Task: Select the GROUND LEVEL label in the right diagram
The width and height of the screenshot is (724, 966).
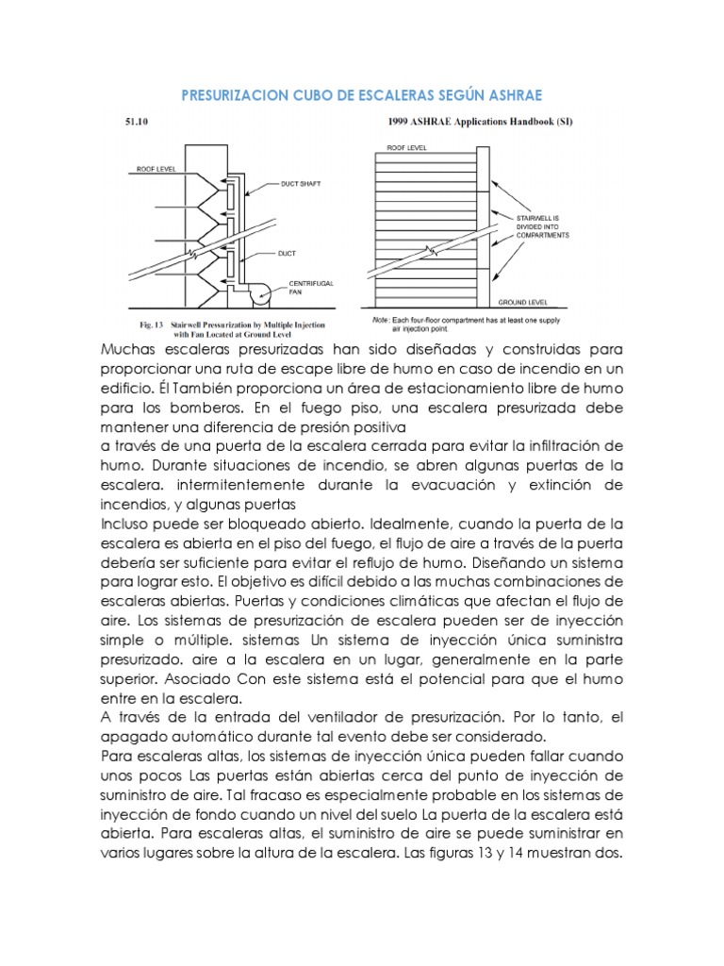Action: [x=526, y=305]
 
